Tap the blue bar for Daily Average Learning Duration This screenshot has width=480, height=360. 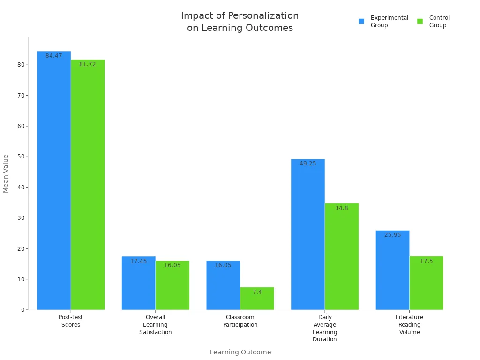click(x=307, y=234)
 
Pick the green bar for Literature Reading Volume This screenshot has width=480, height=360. click(x=426, y=283)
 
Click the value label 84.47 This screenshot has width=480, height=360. click(x=54, y=56)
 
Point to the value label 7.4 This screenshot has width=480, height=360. click(x=257, y=292)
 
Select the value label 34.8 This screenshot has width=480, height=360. click(x=342, y=208)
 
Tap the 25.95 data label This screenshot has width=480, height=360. click(x=392, y=235)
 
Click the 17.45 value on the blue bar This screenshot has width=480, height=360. click(x=138, y=261)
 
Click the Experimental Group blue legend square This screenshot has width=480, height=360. click(x=361, y=21)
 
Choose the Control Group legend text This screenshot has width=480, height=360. click(x=439, y=22)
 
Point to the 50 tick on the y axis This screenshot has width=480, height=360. click(x=21, y=157)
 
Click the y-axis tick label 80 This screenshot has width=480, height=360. click(x=21, y=65)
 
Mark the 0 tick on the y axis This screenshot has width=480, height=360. click(x=22, y=310)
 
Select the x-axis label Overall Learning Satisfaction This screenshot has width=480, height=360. click(x=155, y=325)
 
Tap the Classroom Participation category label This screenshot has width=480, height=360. click(x=240, y=321)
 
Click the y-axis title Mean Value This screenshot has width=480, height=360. click(x=6, y=173)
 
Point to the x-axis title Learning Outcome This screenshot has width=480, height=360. click(x=240, y=352)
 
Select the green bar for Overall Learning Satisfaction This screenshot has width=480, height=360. click(x=172, y=286)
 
